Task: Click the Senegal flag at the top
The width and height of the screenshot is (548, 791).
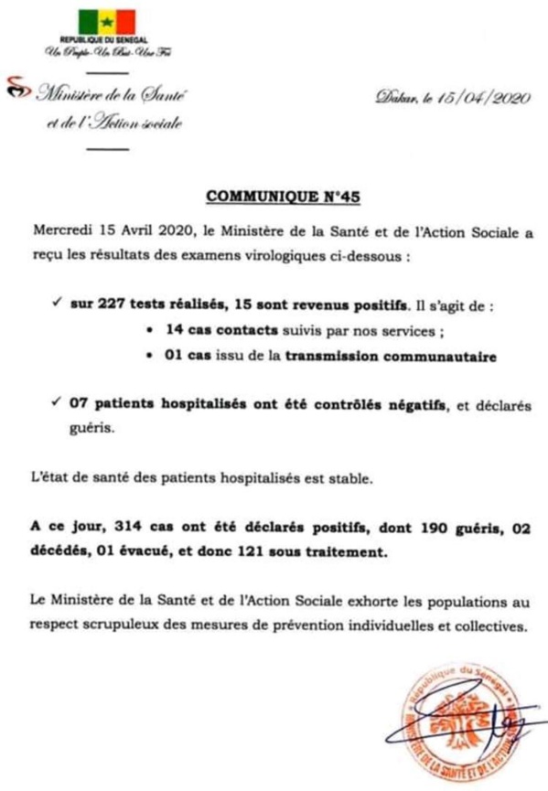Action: pyautogui.click(x=106, y=23)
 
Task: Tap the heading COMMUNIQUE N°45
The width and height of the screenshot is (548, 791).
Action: pyautogui.click(x=274, y=196)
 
